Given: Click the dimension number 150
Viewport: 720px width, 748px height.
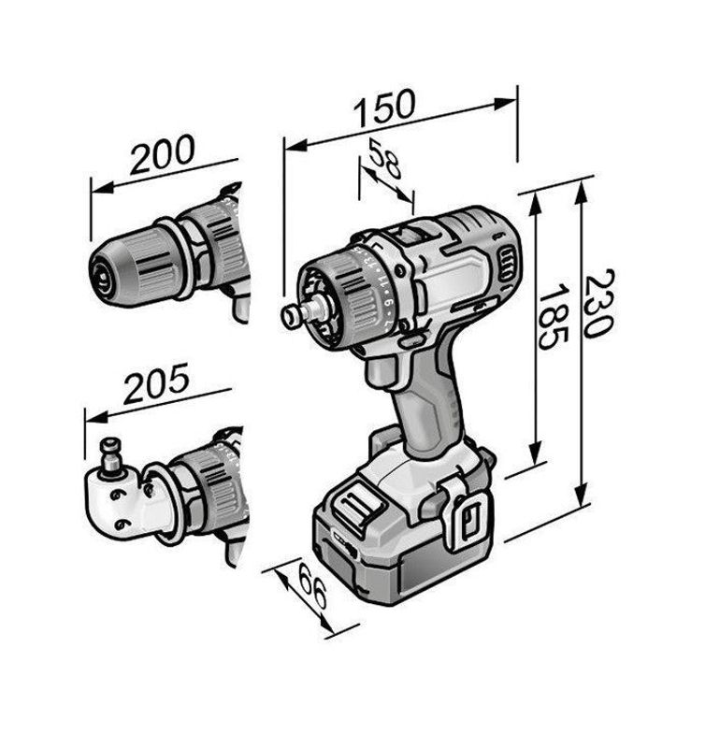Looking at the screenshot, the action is point(384,108).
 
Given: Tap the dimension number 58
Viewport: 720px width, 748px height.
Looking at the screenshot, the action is point(385,158).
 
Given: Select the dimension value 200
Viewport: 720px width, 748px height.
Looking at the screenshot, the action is point(163,153).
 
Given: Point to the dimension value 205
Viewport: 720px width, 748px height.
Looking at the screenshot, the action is point(156,383).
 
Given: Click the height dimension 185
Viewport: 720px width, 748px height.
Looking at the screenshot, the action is point(554,317).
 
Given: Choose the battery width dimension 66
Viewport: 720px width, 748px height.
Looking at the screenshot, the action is point(312,586).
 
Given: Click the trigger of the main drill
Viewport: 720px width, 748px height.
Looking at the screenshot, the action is point(382,373).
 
